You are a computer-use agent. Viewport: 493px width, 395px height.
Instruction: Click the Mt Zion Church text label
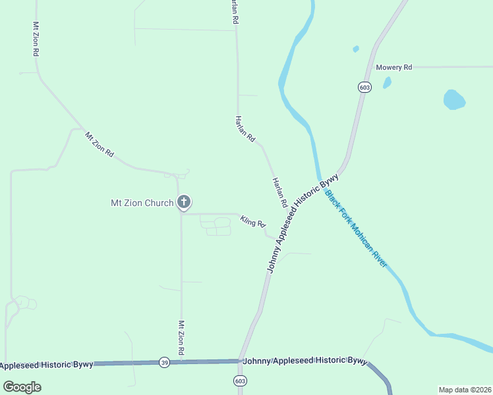click(x=141, y=203)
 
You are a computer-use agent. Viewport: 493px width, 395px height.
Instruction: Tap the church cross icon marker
click(x=184, y=202)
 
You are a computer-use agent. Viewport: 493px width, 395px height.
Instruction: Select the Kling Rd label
click(x=252, y=222)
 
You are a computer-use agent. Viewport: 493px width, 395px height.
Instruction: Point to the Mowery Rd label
click(x=393, y=67)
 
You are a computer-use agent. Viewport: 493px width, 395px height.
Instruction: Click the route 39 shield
click(x=164, y=362)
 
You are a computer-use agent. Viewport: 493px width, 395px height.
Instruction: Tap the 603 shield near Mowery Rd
click(x=365, y=87)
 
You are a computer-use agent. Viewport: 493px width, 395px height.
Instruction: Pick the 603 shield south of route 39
click(x=240, y=381)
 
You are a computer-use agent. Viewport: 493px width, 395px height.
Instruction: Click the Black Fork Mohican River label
click(x=356, y=228)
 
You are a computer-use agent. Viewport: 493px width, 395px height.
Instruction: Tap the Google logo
click(x=22, y=386)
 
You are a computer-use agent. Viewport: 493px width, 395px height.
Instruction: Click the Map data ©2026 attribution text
click(x=465, y=389)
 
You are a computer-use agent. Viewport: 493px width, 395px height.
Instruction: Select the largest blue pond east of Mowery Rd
click(x=454, y=99)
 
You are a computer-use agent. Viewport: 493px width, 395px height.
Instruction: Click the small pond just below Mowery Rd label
click(x=387, y=83)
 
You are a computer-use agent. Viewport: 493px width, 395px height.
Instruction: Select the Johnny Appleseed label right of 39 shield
click(x=304, y=361)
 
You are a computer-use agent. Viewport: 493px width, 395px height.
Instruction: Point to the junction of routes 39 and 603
click(x=240, y=361)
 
